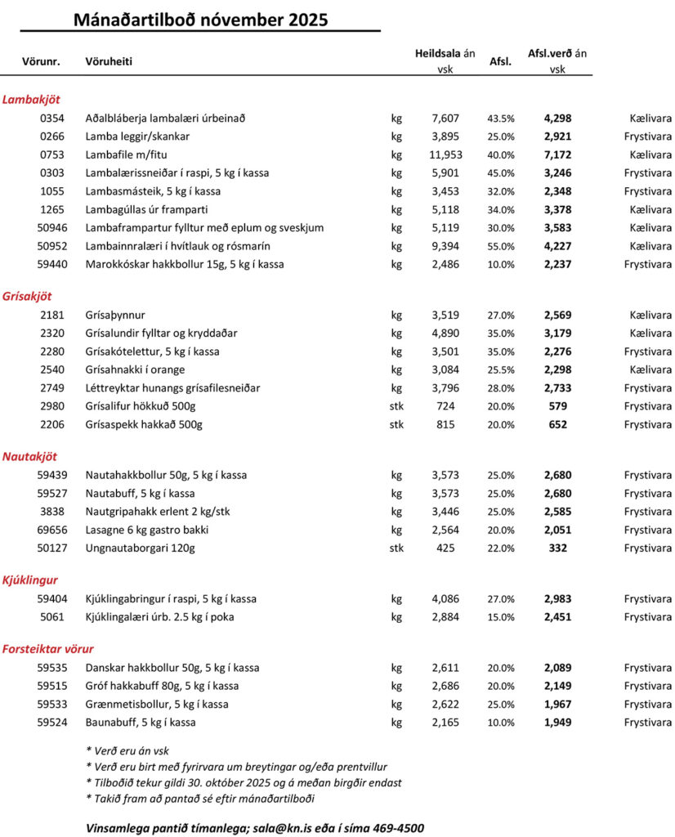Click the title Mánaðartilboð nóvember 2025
pyautogui.click(x=200, y=20)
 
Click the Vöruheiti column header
pyautogui.click(x=109, y=61)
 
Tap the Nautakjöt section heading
pyautogui.click(x=29, y=456)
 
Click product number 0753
pyautogui.click(x=51, y=154)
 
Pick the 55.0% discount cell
pyautogui.click(x=501, y=246)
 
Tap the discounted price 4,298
pyautogui.click(x=558, y=118)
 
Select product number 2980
pyautogui.click(x=51, y=406)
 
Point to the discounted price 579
pyautogui.click(x=558, y=406)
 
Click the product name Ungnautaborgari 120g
pyautogui.click(x=141, y=548)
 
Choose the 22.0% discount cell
pyautogui.click(x=501, y=548)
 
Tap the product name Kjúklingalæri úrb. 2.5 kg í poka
pyautogui.click(x=159, y=617)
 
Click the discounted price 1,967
pyautogui.click(x=558, y=704)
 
